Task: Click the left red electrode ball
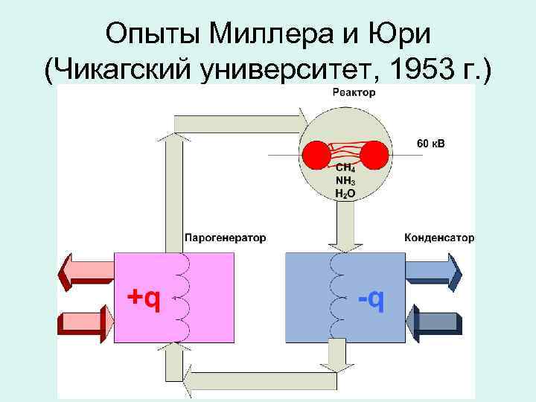coord(315,156)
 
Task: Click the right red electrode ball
coord(374,156)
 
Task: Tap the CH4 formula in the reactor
coord(345,169)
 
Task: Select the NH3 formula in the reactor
coord(345,181)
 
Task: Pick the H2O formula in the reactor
coord(345,193)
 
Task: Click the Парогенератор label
coord(225,238)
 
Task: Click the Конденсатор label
coord(438,238)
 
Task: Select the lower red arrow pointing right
coord(85,322)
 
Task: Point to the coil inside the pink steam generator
coord(181,296)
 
